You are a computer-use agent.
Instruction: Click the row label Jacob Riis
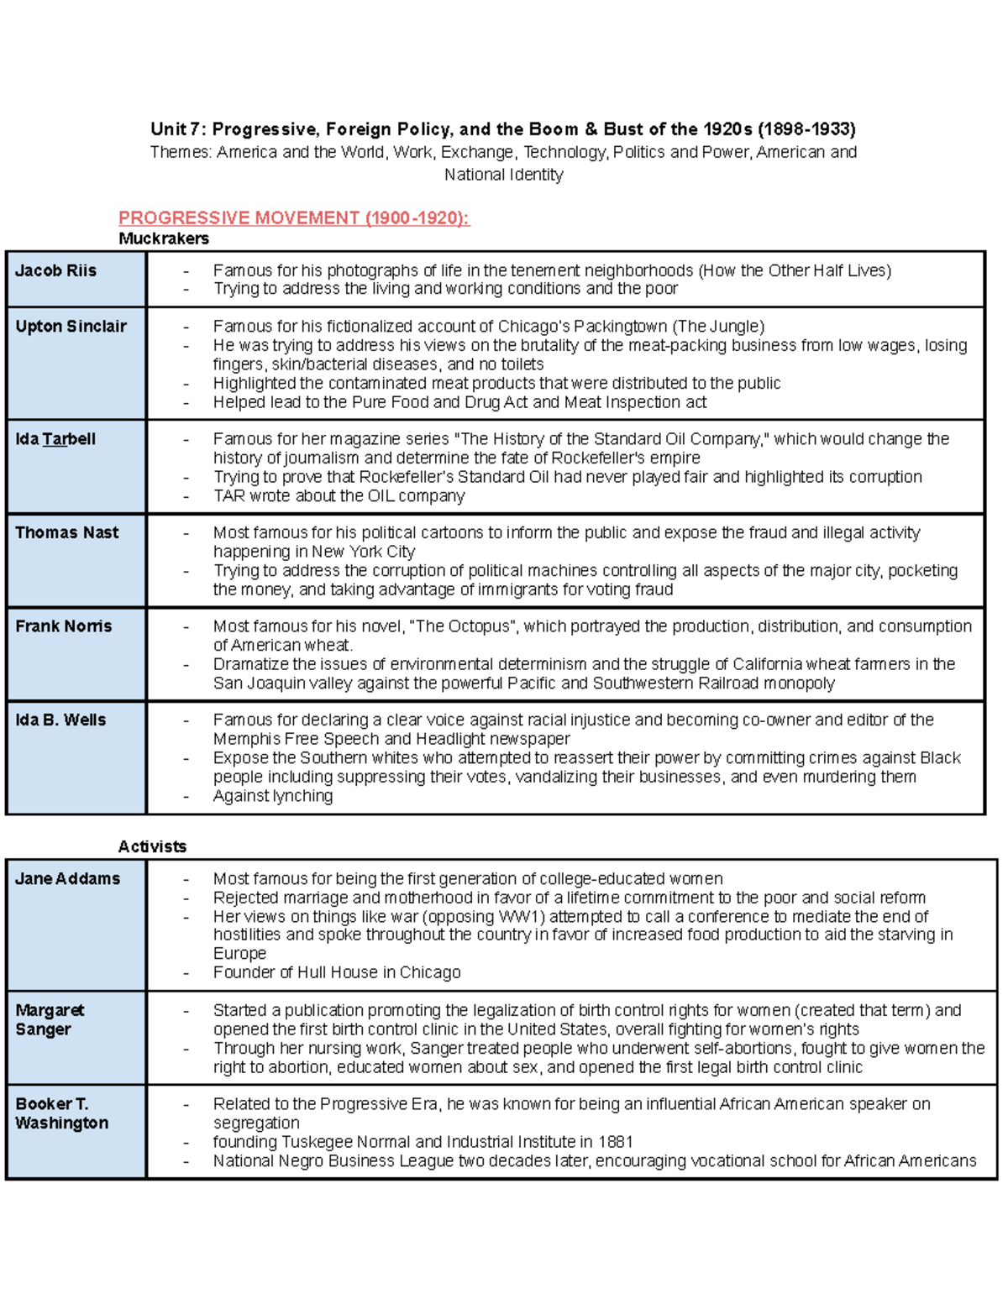coord(55,271)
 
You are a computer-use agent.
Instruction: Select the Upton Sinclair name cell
coord(71,327)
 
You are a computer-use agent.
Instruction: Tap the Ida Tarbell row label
coord(55,439)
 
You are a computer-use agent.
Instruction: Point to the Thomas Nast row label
coord(66,532)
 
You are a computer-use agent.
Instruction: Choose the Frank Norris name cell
coord(63,626)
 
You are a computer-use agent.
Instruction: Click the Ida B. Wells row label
coord(60,720)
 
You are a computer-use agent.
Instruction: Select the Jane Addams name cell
coord(67,879)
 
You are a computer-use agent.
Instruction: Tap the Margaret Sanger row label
coord(50,1019)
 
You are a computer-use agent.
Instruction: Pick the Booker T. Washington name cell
coord(61,1113)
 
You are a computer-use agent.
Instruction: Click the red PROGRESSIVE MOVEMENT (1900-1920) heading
coord(293,218)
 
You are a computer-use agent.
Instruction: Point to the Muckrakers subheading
coord(164,238)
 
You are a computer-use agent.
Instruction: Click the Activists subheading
coord(152,846)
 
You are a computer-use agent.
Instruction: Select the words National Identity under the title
coord(503,175)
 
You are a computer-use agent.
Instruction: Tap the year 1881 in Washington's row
coord(614,1142)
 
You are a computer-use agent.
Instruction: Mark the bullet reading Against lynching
coord(273,796)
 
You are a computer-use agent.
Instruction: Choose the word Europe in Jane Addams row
coord(239,954)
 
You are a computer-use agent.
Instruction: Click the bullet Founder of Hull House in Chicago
coord(337,972)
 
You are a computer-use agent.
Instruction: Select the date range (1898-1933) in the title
coord(806,129)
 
